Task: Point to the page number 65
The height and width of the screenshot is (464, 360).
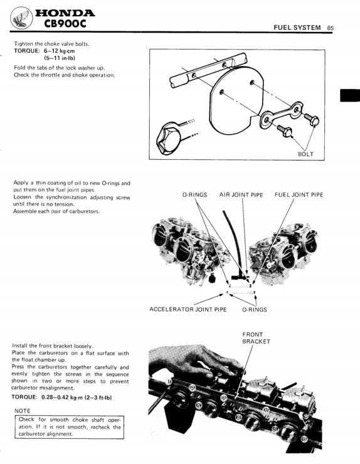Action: tap(330, 28)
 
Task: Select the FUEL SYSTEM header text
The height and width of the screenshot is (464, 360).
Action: tap(297, 28)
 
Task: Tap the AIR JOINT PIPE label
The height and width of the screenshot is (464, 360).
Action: tap(241, 195)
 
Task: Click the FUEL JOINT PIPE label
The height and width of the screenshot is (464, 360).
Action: tap(299, 195)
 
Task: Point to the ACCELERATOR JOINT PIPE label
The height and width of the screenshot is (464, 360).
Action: tap(188, 309)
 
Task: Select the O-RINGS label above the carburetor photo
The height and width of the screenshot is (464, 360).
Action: tap(194, 195)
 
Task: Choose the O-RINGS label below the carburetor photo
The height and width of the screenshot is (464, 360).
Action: tap(254, 309)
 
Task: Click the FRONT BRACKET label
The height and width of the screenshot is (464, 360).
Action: tap(256, 338)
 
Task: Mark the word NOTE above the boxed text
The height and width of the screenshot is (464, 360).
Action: tap(23, 411)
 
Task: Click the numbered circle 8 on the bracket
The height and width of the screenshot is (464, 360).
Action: tap(304, 440)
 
